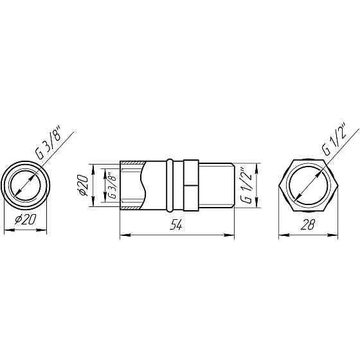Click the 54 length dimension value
pyautogui.click(x=176, y=225)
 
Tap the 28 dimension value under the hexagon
pyautogui.click(x=308, y=224)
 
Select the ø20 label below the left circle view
pyautogui.click(x=25, y=220)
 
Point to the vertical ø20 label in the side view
pyautogui.click(x=83, y=185)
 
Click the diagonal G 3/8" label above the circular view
pyautogui.click(x=48, y=143)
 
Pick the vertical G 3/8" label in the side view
pyautogui.click(x=112, y=185)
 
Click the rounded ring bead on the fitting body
pyautogui.click(x=170, y=185)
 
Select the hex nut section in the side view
pyautogui.click(x=191, y=185)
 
